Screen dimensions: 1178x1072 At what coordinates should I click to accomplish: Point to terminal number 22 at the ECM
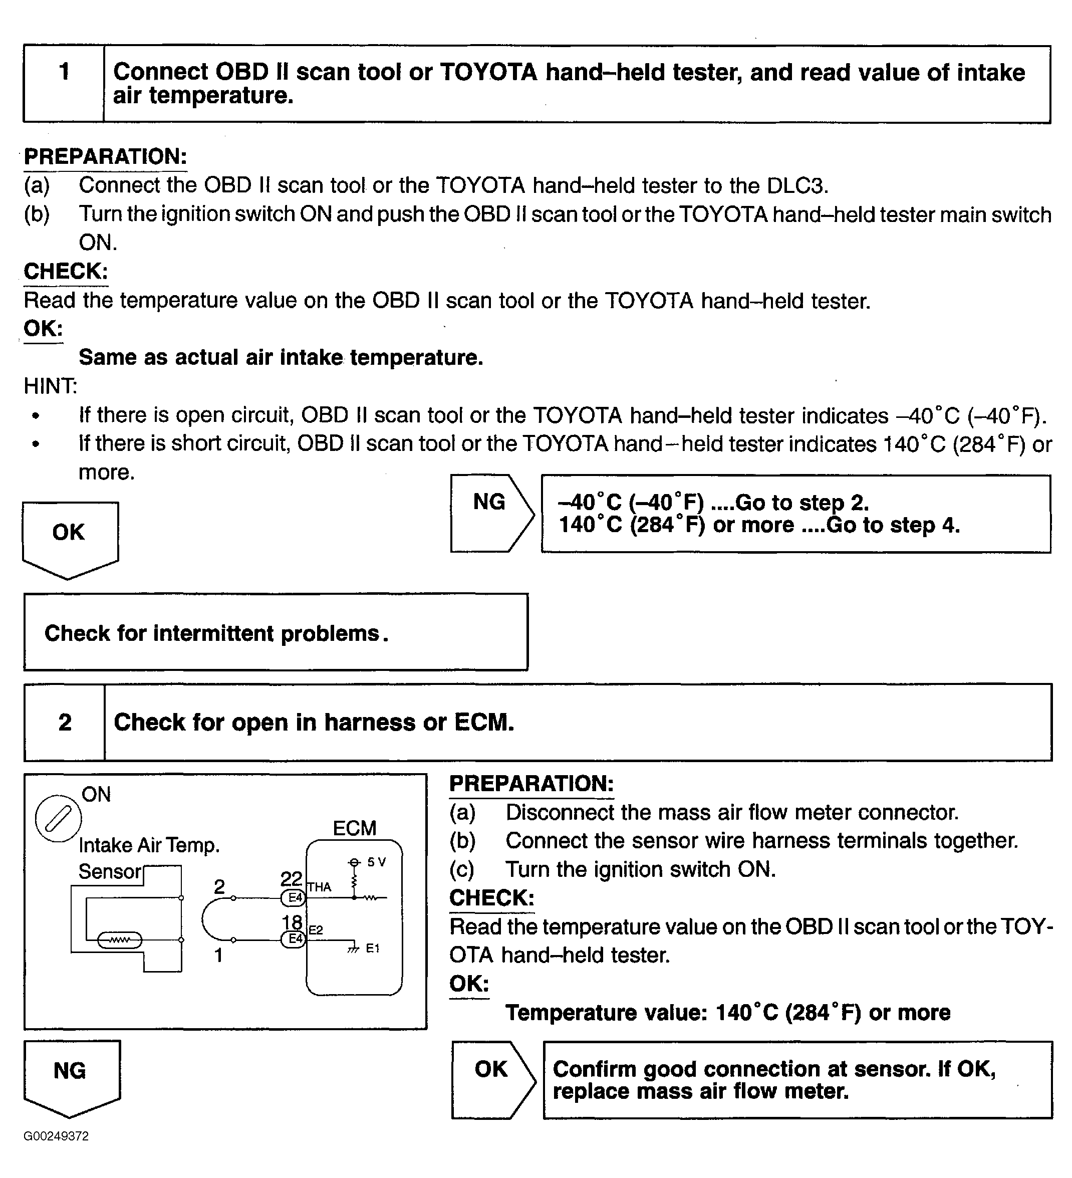[291, 879]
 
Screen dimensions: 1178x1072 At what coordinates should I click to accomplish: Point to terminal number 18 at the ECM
[292, 922]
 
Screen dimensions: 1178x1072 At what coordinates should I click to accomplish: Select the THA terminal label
[320, 887]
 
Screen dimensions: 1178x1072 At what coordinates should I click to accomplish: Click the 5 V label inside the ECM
[376, 862]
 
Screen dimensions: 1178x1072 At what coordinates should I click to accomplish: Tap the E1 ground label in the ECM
[373, 949]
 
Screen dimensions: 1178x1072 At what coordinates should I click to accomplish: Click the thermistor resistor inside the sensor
[119, 940]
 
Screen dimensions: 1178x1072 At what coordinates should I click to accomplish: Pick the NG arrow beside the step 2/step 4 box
[491, 513]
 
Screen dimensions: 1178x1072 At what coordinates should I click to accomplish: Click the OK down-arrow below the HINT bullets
[70, 537]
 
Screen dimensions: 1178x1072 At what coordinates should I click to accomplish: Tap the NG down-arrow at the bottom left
[71, 1075]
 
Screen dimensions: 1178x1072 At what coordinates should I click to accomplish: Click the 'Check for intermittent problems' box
[275, 632]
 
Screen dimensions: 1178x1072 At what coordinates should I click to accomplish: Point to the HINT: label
[50, 386]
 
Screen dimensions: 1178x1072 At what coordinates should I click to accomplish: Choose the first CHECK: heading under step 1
[66, 272]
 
